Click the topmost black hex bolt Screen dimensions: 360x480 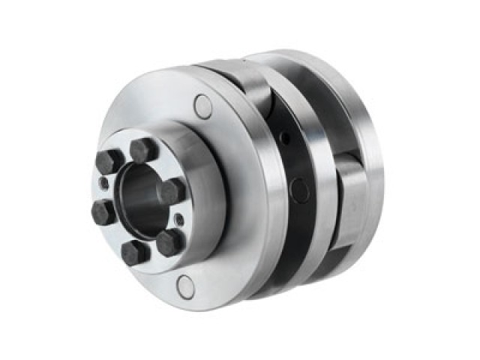pos(143,149)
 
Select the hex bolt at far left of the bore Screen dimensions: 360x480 pos(103,212)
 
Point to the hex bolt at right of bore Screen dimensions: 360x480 pos(172,190)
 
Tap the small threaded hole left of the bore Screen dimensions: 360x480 pos(104,184)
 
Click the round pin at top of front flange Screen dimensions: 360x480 pos(202,106)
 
